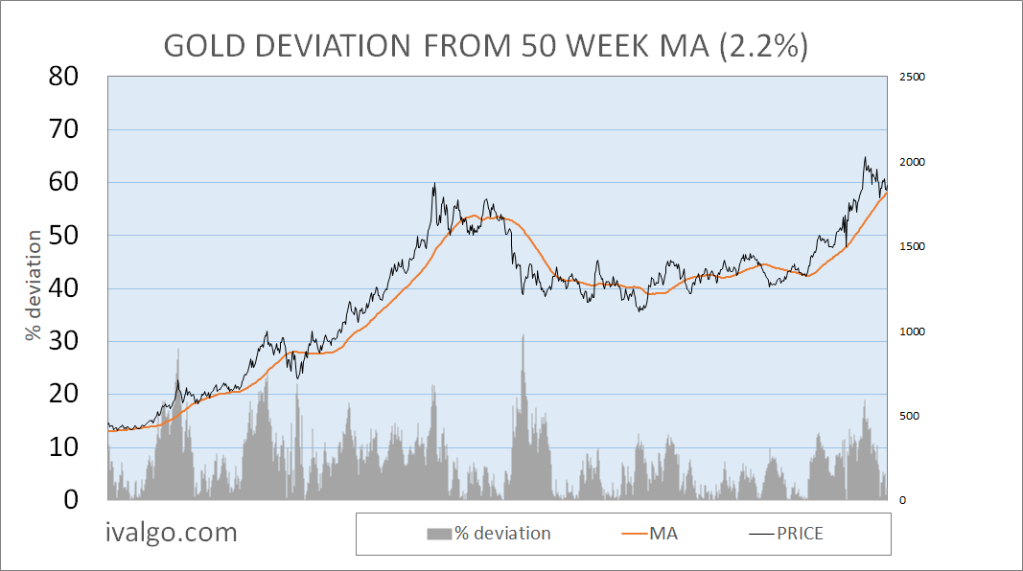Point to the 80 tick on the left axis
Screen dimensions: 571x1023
tap(72, 77)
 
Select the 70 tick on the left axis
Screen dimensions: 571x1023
tap(72, 129)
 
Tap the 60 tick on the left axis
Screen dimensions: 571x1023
tap(72, 182)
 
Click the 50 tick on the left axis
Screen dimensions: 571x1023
tap(72, 236)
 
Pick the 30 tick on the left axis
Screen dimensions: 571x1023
tap(72, 342)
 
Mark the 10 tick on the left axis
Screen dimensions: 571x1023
tap(72, 447)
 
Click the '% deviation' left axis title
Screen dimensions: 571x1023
tap(35, 285)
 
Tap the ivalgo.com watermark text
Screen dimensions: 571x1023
tap(171, 533)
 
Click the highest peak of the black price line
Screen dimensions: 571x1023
tap(865, 158)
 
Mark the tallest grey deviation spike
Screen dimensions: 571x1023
tap(523, 336)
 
